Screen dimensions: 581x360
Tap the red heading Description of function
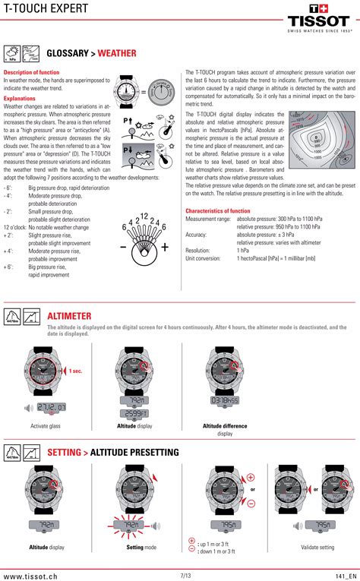point(32,72)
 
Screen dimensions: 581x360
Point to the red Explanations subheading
point(20,98)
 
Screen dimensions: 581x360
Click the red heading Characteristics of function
point(217,210)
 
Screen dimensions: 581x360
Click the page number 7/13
point(185,576)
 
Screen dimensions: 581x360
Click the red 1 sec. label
point(75,371)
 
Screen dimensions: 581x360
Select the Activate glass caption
point(45,426)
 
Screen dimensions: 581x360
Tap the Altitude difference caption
point(225,426)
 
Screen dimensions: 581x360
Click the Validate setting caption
point(317,547)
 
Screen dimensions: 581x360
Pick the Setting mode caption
point(141,547)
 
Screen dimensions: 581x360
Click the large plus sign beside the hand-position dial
point(164,248)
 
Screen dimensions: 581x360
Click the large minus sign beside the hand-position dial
point(122,248)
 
